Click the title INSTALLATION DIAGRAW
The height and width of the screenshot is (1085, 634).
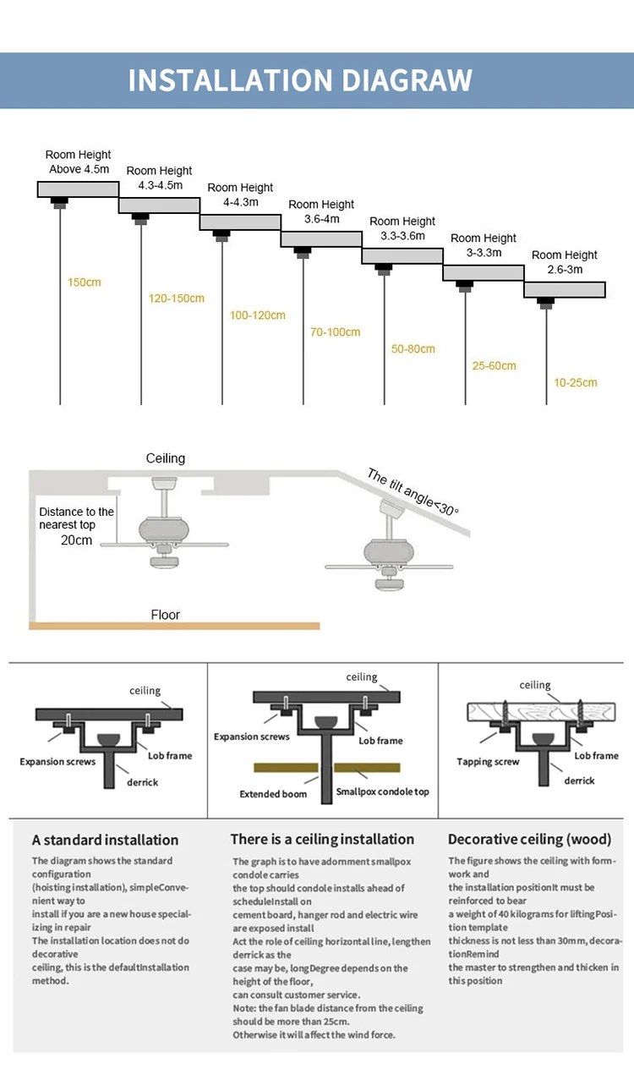[x=300, y=79]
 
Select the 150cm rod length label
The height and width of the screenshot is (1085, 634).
[x=84, y=282]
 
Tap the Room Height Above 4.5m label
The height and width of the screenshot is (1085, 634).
[x=79, y=162]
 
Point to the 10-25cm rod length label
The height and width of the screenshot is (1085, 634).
[x=575, y=383]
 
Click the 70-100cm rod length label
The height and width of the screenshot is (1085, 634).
[x=335, y=332]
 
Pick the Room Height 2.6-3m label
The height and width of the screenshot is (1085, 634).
[x=565, y=262]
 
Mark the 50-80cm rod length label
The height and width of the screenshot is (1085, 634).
[x=413, y=349]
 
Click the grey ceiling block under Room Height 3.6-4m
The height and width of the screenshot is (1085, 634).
[x=321, y=239]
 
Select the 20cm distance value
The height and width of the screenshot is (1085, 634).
[x=76, y=540]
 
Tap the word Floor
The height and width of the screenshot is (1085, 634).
[x=166, y=615]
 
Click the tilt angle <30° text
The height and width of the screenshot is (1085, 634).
[x=413, y=492]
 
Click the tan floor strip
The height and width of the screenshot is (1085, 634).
[x=174, y=626]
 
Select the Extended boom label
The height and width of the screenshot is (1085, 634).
[x=273, y=794]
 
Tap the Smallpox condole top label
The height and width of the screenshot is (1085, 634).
[x=383, y=792]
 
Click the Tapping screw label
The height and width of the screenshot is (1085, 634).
[x=488, y=762]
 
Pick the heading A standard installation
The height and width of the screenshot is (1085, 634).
[x=105, y=841]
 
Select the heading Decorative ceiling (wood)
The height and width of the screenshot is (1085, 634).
[x=529, y=840]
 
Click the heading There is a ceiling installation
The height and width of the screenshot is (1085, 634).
[x=322, y=840]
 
